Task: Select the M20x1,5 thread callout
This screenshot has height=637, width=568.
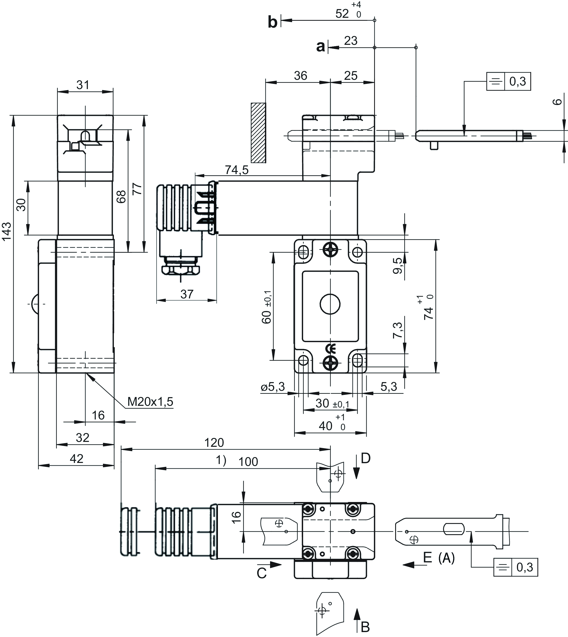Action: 150,401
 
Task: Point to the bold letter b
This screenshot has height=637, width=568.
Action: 273,22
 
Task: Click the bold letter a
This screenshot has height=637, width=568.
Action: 321,46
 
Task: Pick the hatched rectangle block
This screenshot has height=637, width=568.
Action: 258,133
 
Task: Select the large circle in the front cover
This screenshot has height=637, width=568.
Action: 330,304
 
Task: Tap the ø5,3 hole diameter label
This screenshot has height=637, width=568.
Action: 273,387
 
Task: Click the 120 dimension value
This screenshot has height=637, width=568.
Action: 214,442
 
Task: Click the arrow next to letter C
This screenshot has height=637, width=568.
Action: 275,565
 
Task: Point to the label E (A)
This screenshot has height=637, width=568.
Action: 439,558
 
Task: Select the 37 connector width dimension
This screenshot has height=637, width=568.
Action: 187,294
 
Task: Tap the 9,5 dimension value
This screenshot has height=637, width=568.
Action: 398,265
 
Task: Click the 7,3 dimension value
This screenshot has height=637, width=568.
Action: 398,330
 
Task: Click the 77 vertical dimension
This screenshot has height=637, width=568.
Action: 137,189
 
